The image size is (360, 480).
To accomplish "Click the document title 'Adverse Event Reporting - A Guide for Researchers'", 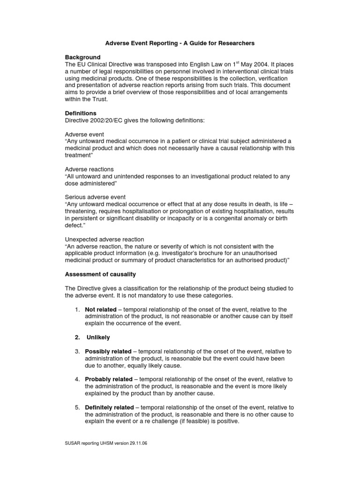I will pyautogui.click(x=180, y=43).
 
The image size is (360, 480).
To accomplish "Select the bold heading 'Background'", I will pyautogui.click(x=82, y=57).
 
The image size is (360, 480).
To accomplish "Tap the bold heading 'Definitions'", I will pyautogui.click(x=81, y=113).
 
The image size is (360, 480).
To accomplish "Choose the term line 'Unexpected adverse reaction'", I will pyautogui.click(x=105, y=239).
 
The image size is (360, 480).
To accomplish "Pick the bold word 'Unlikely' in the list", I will pyautogui.click(x=98, y=337).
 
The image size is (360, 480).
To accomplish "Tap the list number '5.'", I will pyautogui.click(x=78, y=407).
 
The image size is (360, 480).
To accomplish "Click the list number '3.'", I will pyautogui.click(x=78, y=351).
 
